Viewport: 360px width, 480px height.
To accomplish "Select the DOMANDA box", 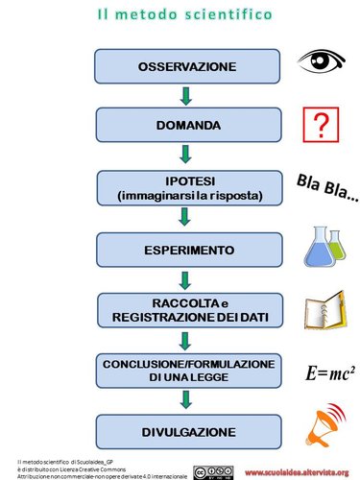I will tap(185, 126).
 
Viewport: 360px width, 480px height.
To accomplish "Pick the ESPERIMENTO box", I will tap(185, 250).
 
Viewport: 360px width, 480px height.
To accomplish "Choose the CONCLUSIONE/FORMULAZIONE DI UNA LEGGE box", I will tap(185, 370).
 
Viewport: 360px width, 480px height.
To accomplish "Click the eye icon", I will tap(320, 62).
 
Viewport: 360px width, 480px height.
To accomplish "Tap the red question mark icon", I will tap(321, 125).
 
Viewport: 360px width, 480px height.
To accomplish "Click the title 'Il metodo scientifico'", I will tap(184, 15).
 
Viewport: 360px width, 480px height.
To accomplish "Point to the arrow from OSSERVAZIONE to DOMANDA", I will tap(185, 95).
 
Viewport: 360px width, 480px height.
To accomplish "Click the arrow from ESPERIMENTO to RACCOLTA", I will tap(185, 279).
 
